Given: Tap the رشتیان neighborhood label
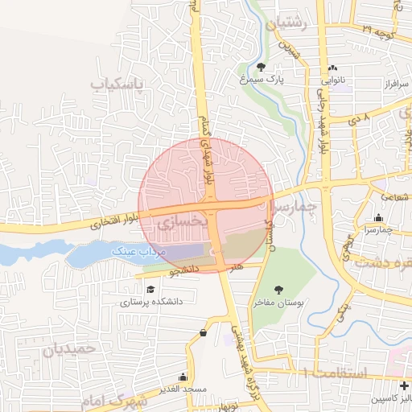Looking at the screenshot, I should coord(291,24).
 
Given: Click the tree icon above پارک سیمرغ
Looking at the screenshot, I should coord(261,67).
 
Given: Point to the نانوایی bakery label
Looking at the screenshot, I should coord(334,80).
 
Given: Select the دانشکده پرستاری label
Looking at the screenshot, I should coord(153,303).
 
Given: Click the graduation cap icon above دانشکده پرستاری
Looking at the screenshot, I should coord(150,289).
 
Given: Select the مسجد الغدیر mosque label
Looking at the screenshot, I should coord(183,389).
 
